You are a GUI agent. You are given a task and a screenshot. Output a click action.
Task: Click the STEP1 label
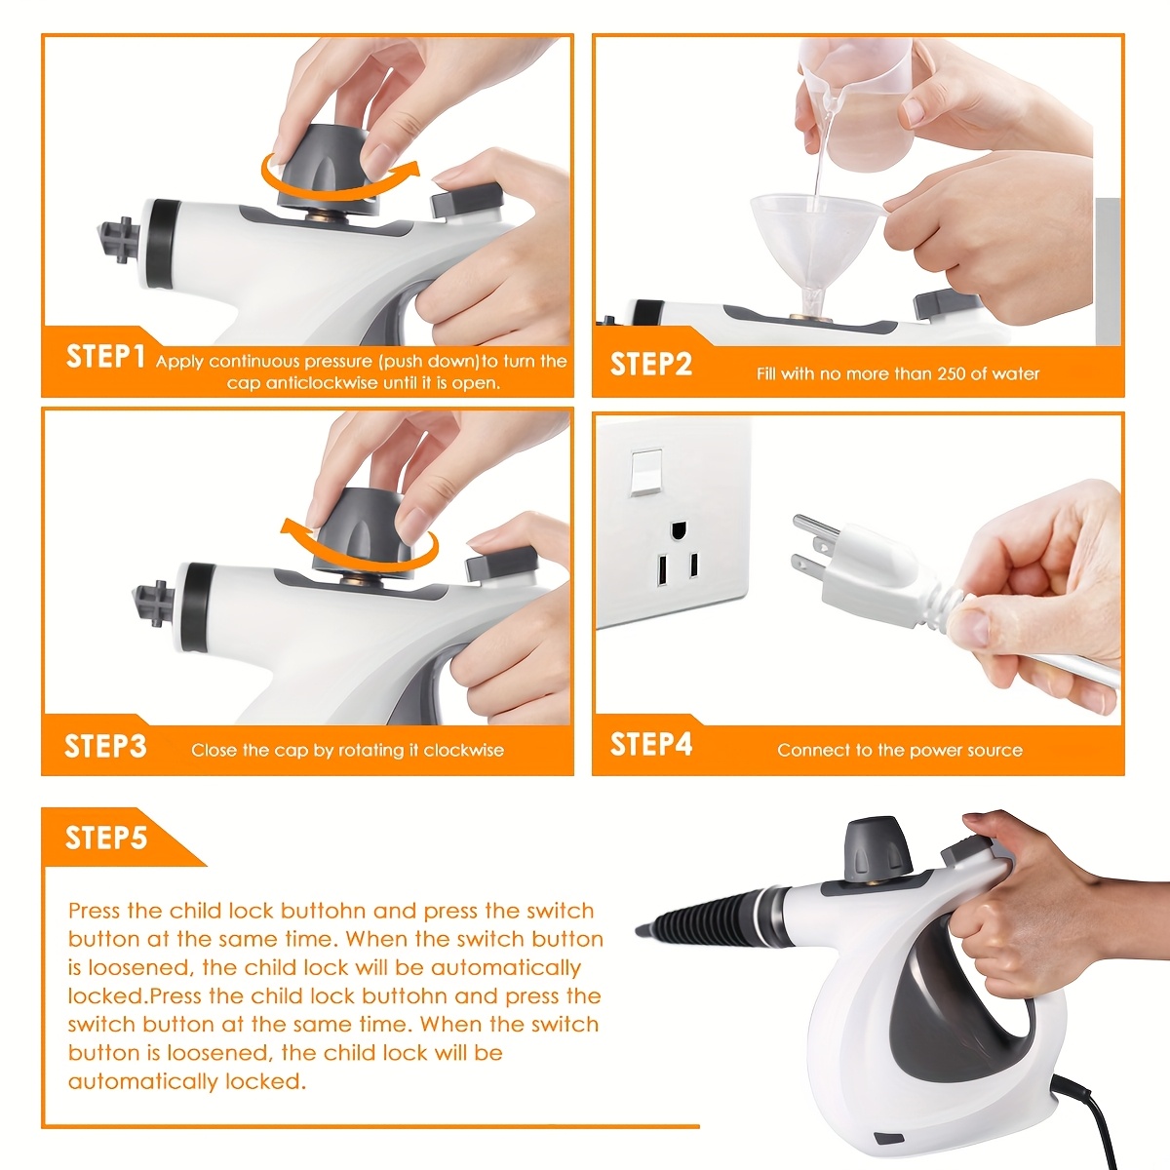coord(105,357)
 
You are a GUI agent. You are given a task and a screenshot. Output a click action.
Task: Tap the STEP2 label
coord(651,365)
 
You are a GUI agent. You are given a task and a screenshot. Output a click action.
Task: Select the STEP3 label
coord(105,747)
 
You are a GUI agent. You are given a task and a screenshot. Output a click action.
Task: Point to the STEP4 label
coord(651,745)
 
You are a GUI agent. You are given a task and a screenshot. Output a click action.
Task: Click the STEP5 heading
coord(105,838)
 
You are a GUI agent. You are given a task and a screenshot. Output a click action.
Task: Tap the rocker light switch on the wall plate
coord(645,473)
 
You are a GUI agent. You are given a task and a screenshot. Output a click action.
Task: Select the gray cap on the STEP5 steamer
coord(870,846)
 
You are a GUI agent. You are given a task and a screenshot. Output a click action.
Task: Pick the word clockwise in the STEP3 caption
coord(463,750)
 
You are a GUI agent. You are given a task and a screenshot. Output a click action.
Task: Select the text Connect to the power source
coord(899,750)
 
